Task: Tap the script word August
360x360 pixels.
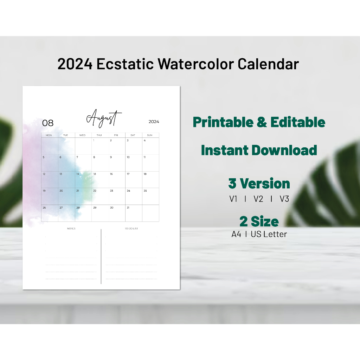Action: tap(104, 118)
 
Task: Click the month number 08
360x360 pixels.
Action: tap(48, 123)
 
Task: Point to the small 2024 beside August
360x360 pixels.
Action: tap(154, 122)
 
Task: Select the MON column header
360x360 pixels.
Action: tap(49, 135)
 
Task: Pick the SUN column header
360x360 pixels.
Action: tap(149, 135)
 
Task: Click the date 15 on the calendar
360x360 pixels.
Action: tap(94, 174)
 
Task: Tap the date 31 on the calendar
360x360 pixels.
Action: tap(128, 208)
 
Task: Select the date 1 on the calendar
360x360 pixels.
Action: tap(94, 140)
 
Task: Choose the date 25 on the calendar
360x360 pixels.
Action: tap(145, 191)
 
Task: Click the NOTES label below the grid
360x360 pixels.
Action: tap(71, 229)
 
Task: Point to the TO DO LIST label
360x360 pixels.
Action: tap(131, 229)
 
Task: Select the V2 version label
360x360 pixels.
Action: tap(258, 199)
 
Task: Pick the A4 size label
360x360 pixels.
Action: tap(236, 234)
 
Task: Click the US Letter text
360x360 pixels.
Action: tap(269, 234)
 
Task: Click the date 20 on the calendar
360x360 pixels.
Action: tap(61, 191)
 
